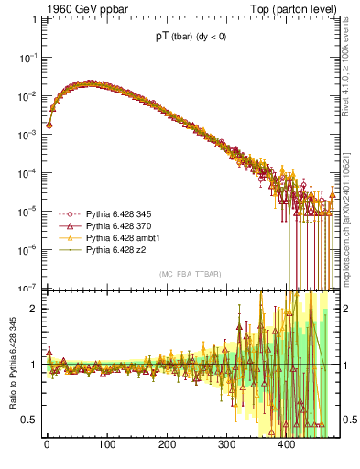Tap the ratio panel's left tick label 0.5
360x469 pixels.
pos(27,420)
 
